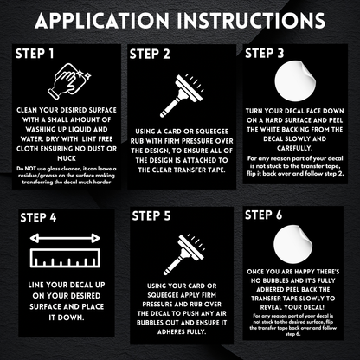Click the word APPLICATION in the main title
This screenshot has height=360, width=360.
(102, 20)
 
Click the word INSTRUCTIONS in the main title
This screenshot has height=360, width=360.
(251, 20)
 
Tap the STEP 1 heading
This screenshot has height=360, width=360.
(35, 54)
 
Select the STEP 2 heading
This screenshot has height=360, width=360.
(150, 55)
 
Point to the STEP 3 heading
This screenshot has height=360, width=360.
(265, 54)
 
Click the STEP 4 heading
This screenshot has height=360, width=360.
(38, 217)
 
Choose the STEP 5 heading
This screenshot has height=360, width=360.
(151, 216)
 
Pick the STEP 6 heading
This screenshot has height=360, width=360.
(263, 215)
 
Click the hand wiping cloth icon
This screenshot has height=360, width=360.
(69, 81)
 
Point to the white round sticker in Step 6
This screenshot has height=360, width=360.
(292, 245)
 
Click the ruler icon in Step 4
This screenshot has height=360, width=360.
(65, 258)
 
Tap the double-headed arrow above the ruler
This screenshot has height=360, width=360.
(65, 238)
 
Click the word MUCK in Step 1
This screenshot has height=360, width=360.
(67, 158)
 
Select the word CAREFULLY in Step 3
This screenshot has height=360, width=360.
(294, 148)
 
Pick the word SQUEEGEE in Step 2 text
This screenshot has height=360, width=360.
(211, 132)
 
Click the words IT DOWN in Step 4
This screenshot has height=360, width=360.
(67, 318)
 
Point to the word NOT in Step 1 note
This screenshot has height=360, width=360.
(30, 169)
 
